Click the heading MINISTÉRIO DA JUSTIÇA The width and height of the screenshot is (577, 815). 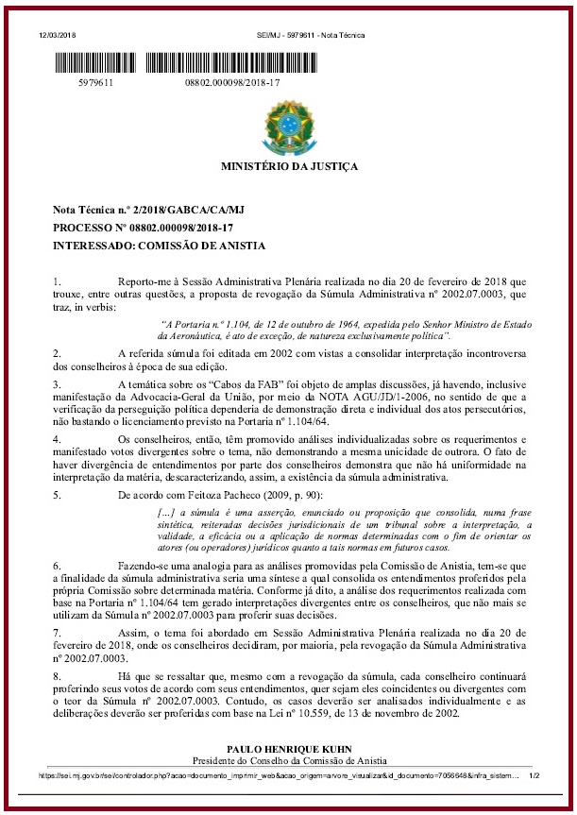(x=289, y=166)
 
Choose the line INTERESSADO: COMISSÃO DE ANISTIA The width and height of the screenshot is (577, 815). (x=159, y=246)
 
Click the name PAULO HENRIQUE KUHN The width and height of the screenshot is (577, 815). (x=290, y=749)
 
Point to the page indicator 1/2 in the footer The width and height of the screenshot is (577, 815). (x=534, y=774)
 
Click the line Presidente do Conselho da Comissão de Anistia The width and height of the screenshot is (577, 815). (x=290, y=760)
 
